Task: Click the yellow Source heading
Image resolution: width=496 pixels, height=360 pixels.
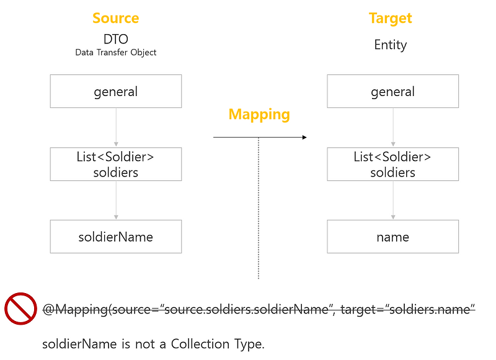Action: [115, 18]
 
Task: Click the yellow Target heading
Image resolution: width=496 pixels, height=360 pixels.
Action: [390, 18]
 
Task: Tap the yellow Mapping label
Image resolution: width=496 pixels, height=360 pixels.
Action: [259, 114]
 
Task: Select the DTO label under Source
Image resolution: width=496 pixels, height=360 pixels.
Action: [115, 40]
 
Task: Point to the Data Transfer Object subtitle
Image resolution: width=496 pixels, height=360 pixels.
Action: [115, 53]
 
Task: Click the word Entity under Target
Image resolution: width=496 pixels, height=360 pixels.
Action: [390, 45]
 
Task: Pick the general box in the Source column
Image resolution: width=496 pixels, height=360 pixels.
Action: [115, 91]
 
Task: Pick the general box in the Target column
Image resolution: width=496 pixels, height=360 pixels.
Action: [392, 91]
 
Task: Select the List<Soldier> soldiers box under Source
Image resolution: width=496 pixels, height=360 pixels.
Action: [115, 164]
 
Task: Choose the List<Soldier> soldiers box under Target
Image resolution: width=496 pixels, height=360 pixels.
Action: [392, 164]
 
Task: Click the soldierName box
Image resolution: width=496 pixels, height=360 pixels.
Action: [115, 237]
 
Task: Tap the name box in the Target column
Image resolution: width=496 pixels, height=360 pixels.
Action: [392, 237]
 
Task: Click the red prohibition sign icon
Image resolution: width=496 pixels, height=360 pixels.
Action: [20, 309]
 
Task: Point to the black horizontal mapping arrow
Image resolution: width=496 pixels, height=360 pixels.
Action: [260, 137]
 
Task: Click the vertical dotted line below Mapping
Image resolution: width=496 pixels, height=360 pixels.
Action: [259, 211]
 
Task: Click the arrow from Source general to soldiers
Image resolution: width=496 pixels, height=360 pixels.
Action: [116, 128]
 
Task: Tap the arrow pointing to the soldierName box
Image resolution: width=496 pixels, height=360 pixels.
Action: [116, 200]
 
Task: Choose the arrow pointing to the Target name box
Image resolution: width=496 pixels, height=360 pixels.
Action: [393, 200]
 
